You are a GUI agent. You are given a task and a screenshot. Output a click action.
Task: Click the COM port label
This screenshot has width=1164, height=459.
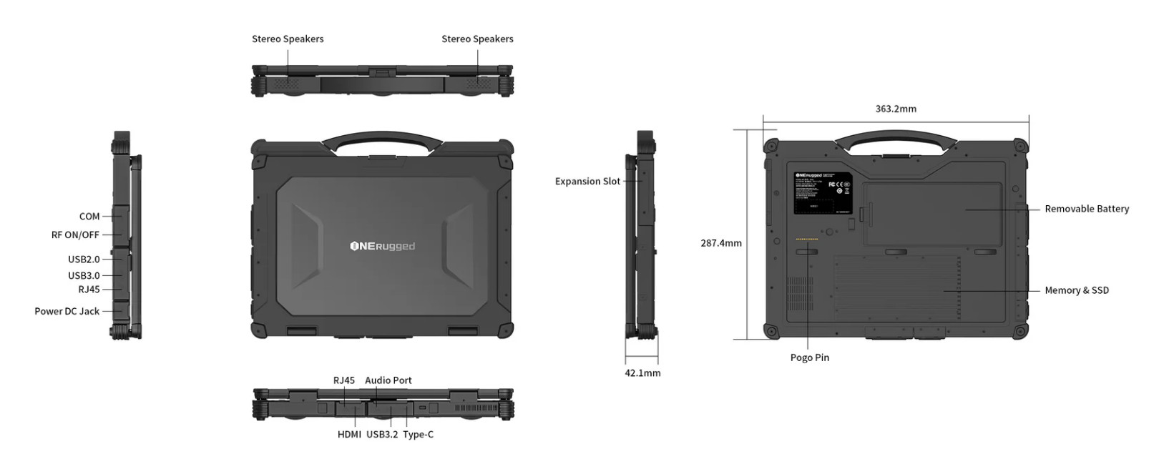point(89,216)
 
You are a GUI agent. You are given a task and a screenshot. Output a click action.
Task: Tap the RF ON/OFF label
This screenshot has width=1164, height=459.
point(75,235)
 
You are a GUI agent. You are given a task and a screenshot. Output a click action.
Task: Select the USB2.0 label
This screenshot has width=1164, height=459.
point(84,259)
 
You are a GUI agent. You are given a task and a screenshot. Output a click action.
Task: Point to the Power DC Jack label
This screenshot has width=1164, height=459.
point(67,311)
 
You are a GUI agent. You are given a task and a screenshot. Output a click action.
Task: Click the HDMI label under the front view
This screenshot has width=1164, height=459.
point(349,434)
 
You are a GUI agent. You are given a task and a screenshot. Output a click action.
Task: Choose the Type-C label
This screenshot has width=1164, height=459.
point(418,434)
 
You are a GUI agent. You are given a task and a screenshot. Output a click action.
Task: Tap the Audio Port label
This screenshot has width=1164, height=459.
point(388,380)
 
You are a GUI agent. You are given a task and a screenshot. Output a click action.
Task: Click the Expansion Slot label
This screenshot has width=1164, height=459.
point(587,182)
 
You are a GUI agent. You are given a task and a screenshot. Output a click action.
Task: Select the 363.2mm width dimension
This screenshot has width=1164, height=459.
point(896,109)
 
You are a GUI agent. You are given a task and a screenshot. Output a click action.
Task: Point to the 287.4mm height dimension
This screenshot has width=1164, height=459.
point(720,243)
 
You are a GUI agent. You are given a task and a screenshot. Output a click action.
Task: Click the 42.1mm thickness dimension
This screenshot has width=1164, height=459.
point(642,372)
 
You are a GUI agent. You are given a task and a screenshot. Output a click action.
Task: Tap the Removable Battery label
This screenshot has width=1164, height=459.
point(1087,209)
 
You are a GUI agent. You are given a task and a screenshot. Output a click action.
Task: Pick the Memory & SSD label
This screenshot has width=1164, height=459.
point(1076,290)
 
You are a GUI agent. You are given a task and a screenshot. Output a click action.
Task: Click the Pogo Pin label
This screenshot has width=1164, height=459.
point(810,357)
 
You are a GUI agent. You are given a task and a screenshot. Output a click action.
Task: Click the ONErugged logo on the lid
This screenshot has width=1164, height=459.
point(382,247)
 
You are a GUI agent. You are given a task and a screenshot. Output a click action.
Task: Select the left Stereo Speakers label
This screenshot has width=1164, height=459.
point(288,39)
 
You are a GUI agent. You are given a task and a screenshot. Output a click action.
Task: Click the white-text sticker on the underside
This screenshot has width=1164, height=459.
point(822,192)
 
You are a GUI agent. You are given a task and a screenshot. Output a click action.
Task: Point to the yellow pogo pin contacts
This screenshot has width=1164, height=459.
point(807,240)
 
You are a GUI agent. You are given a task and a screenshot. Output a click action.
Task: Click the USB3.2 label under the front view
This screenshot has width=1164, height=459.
point(382,434)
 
